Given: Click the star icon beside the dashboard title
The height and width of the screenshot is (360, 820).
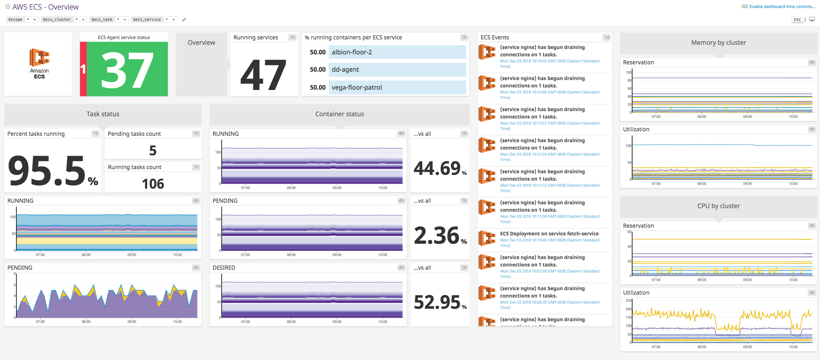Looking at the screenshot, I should click(8, 6).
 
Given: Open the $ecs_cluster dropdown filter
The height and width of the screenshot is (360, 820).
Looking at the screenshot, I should click(63, 20).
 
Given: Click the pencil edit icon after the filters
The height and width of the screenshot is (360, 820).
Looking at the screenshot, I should click(184, 20).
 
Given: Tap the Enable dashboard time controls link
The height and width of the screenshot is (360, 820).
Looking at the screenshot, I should click(782, 6).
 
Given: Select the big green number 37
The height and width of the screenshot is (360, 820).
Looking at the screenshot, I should click(127, 70).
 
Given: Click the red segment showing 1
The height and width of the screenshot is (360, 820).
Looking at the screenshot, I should click(83, 69).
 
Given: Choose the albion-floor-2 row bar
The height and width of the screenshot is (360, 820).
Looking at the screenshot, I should click(397, 52).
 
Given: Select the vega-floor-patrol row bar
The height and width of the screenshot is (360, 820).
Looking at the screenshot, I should click(397, 87).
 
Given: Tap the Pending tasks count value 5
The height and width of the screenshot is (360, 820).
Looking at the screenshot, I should click(153, 150).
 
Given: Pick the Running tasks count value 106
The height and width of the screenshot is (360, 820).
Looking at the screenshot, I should click(153, 184).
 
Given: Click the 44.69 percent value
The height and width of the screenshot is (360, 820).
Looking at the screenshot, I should click(437, 168).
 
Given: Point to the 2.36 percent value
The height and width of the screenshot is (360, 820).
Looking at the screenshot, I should click(437, 235).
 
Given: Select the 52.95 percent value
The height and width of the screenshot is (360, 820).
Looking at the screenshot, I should click(437, 302).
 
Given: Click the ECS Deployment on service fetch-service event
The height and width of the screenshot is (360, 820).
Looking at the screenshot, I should click(549, 233).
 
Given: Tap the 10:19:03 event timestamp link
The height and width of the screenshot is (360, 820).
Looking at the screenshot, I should click(549, 61).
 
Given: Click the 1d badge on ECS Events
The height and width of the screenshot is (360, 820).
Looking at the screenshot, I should click(606, 37).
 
